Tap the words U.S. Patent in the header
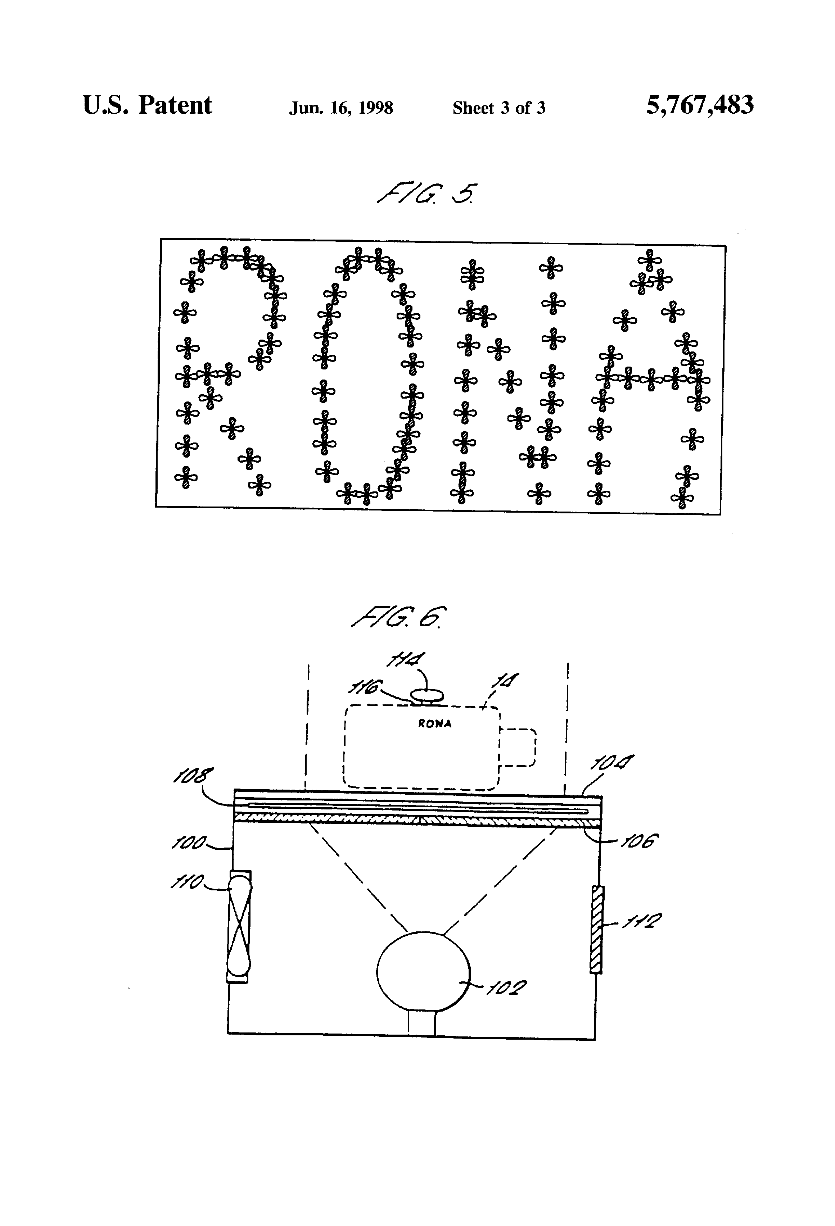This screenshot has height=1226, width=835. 147,105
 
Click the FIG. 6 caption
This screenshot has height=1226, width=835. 398,617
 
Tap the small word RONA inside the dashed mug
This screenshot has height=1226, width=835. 434,724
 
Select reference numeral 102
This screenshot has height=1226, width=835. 506,988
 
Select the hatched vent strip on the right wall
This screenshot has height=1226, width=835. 596,929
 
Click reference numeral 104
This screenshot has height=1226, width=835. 611,763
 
